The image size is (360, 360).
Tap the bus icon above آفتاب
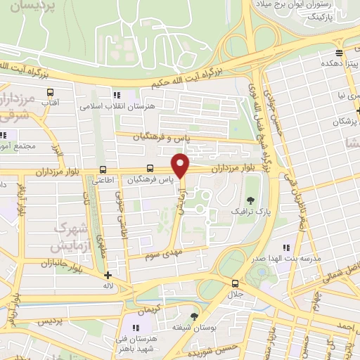50,92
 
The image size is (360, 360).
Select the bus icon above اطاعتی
103,169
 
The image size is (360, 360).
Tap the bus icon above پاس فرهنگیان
150,169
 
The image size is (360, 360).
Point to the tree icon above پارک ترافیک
249,200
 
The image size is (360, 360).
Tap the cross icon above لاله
107,276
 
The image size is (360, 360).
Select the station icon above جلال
235,283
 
